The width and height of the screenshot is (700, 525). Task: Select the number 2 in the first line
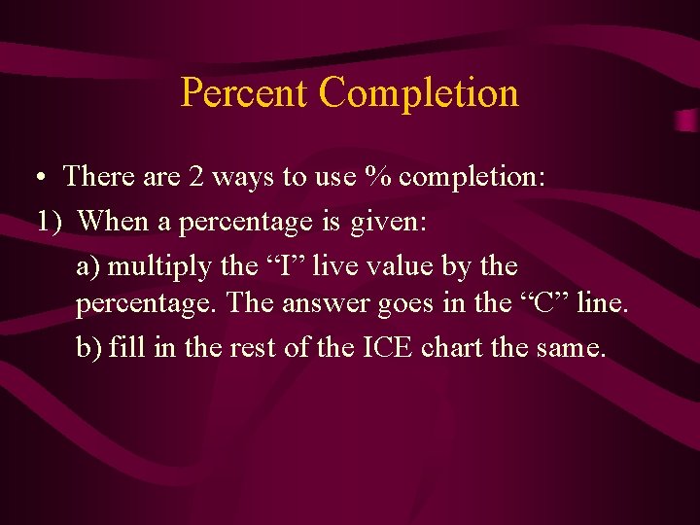click(x=196, y=177)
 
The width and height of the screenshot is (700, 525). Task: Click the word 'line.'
click(x=603, y=303)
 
